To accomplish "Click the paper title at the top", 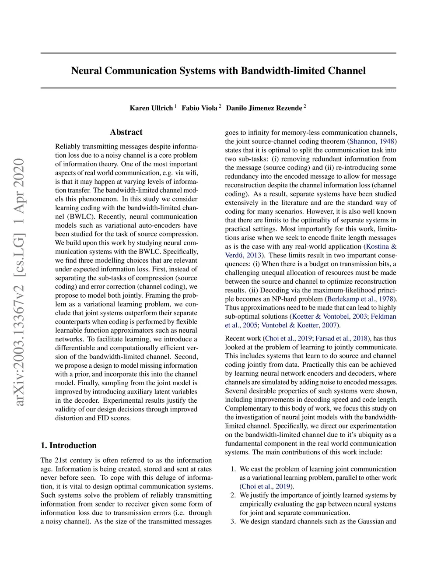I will [x=218, y=71].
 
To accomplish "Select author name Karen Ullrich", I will [x=151, y=108].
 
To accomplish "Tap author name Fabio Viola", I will [x=199, y=108].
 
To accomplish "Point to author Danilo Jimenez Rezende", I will [x=264, y=108].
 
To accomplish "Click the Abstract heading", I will [x=126, y=132].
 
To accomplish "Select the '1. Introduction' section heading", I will [x=69, y=446].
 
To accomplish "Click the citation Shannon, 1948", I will [x=372, y=141].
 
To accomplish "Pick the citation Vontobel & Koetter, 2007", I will [x=299, y=325].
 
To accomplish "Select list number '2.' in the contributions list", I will [x=233, y=495].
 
